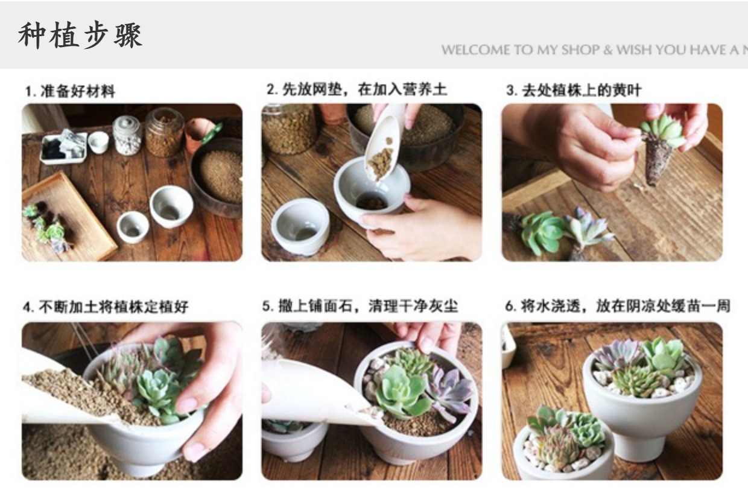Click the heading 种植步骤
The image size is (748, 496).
(80, 35)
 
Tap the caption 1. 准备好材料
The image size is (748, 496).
(70, 91)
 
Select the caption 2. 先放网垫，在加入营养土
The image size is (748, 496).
(357, 89)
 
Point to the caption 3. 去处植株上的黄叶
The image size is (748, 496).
(573, 90)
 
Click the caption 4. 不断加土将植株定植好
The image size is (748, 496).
(106, 307)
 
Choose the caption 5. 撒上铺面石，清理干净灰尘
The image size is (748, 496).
(360, 306)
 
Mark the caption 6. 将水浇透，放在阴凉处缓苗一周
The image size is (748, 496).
(618, 306)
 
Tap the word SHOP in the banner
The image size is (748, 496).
(580, 50)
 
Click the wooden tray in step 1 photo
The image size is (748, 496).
(67, 217)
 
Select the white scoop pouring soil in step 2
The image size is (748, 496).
(384, 144)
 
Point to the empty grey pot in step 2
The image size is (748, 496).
(300, 226)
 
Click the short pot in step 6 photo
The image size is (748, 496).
(565, 451)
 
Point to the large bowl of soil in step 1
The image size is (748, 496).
(217, 177)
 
